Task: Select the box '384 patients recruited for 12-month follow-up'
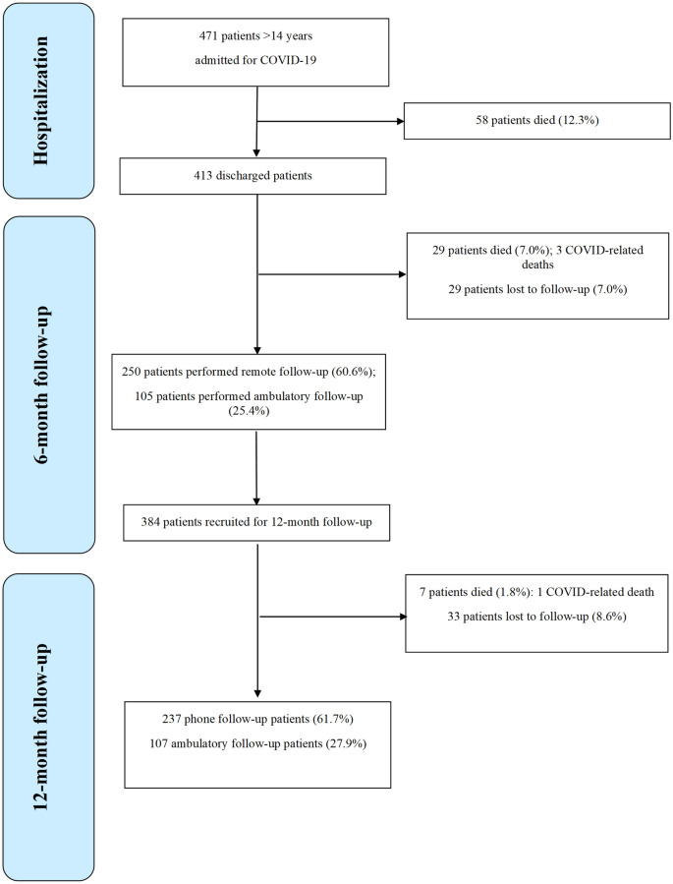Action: (x=255, y=520)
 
